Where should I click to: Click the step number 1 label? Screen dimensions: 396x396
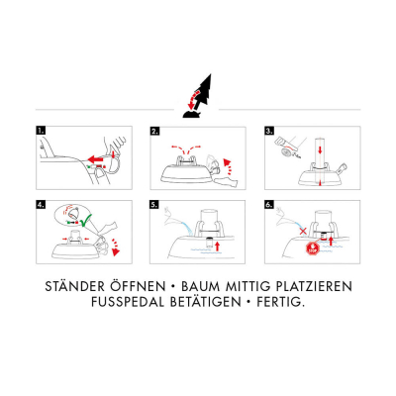41,130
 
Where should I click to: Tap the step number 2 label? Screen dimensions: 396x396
155,131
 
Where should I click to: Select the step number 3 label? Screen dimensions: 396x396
269,131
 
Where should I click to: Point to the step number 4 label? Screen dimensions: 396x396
41,204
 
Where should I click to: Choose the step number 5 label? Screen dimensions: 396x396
154,205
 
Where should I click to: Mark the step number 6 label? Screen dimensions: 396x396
269,205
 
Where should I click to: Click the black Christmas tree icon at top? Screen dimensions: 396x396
198,96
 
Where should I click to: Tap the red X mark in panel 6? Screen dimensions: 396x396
303,231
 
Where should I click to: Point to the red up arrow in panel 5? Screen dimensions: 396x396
217,246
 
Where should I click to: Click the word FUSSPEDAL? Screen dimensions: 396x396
128,302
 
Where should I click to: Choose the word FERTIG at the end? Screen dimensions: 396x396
280,302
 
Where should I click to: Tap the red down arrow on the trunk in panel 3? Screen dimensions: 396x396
320,150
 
